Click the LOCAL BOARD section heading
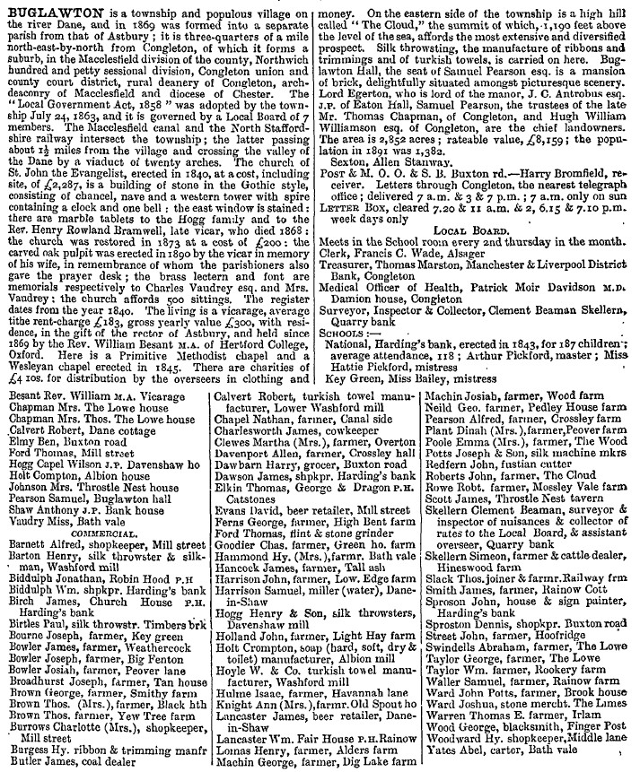(478, 255)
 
